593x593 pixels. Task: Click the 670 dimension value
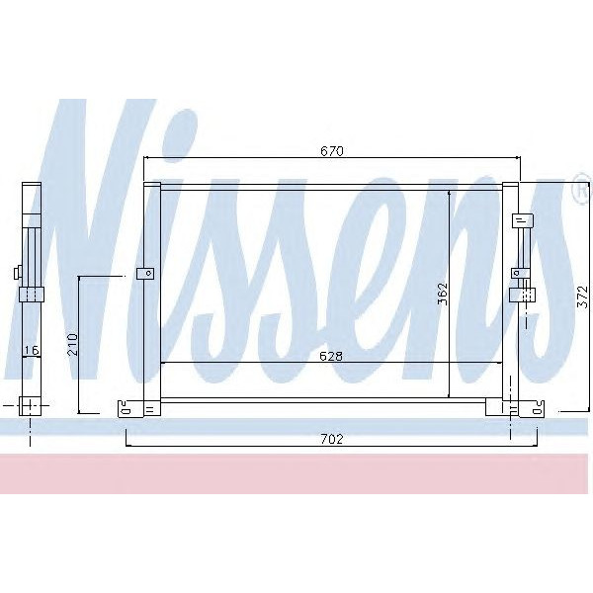(x=330, y=151)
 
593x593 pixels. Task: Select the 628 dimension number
(x=330, y=356)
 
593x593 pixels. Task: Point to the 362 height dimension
(x=443, y=293)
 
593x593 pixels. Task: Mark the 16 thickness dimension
(x=32, y=350)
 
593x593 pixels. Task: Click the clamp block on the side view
(x=32, y=294)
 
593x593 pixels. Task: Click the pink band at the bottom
(x=296, y=474)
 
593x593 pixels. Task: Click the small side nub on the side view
(x=16, y=274)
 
